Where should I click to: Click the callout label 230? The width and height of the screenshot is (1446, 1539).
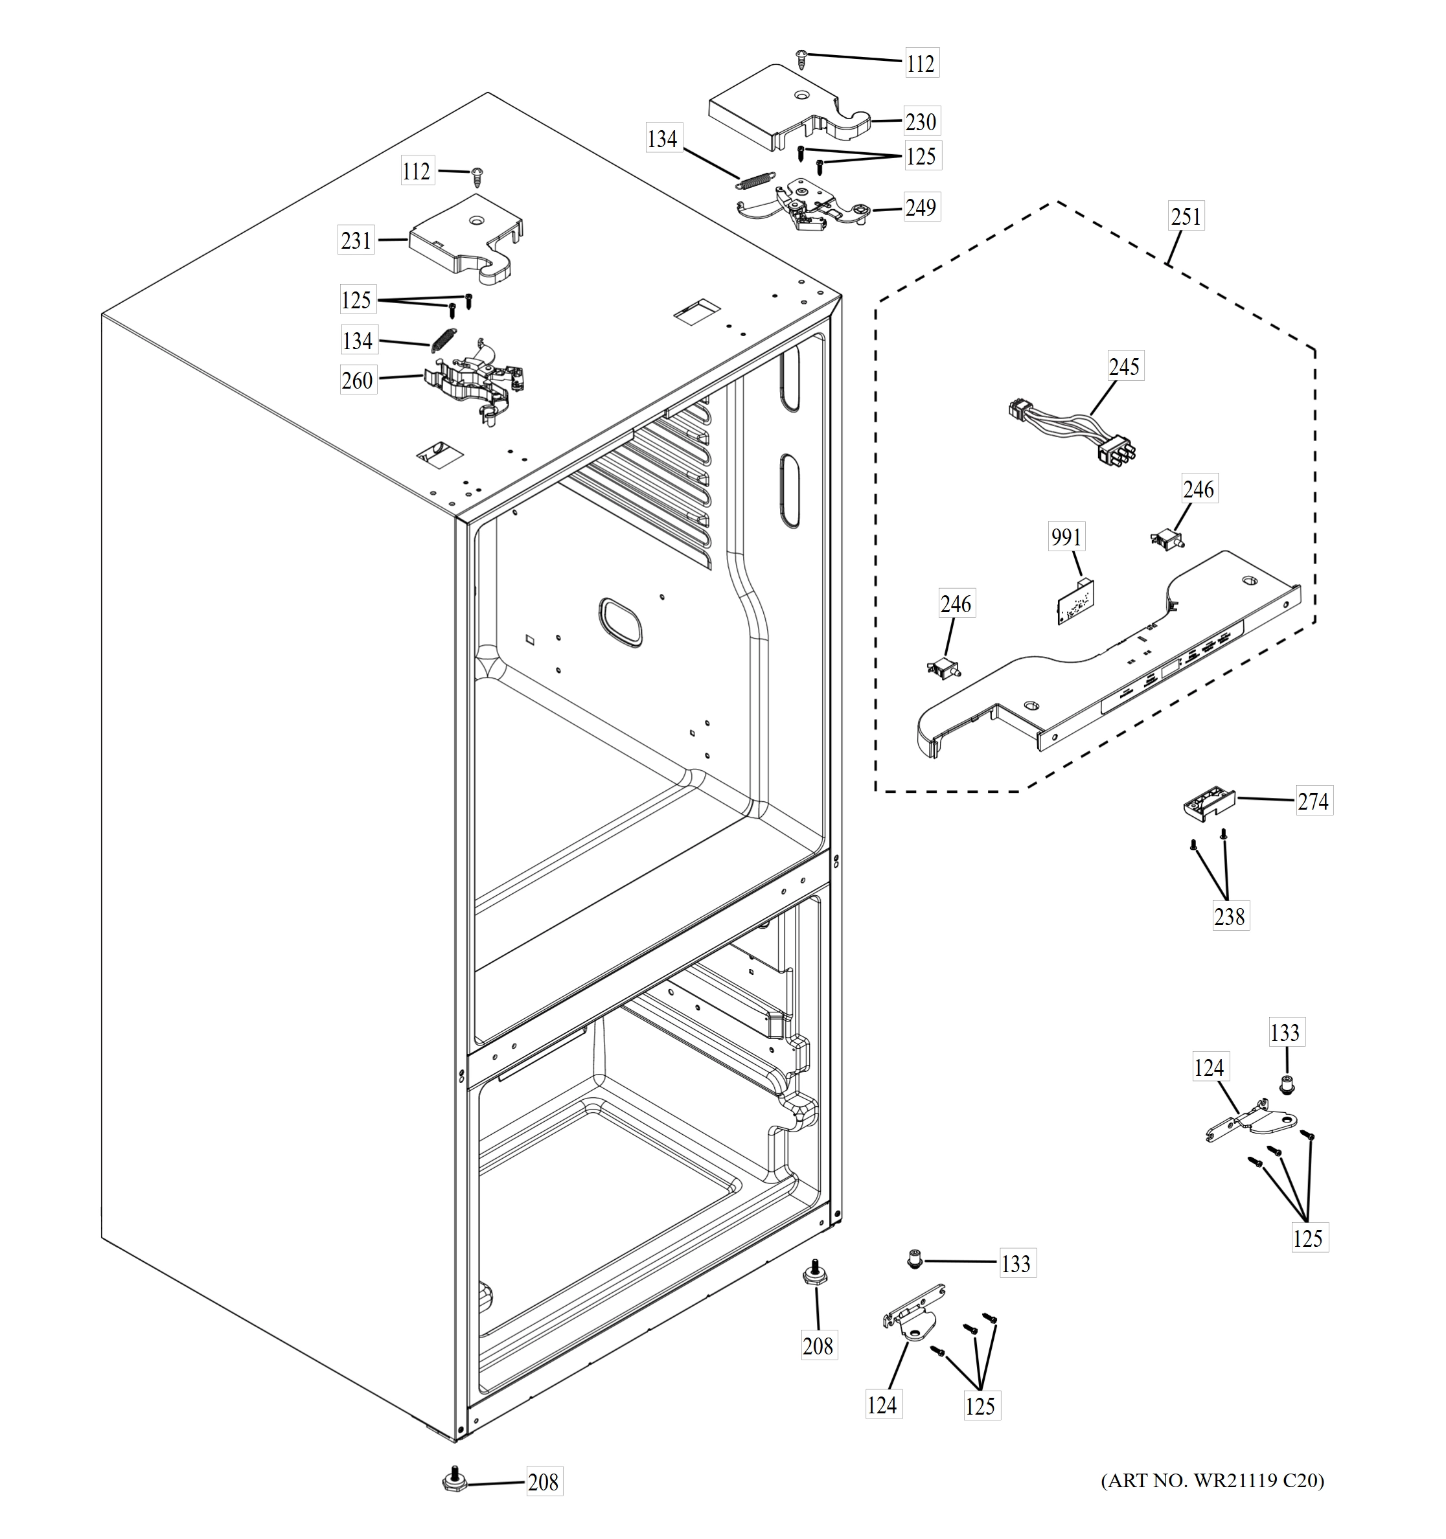pos(921,122)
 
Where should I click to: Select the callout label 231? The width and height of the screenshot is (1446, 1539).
pos(356,240)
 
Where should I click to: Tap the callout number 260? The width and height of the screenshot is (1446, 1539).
pos(357,380)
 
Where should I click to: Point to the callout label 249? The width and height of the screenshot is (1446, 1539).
pos(921,207)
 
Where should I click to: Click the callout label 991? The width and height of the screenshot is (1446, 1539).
pos(1066,536)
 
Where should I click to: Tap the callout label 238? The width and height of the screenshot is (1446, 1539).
pos(1229,917)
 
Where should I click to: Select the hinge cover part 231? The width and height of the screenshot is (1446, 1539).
pos(465,236)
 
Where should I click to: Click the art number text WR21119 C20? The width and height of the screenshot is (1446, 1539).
pos(1212,1481)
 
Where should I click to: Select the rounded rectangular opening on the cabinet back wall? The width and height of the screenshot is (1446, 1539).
pos(620,622)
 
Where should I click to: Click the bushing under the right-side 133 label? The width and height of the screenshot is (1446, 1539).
pos(1287,1087)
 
